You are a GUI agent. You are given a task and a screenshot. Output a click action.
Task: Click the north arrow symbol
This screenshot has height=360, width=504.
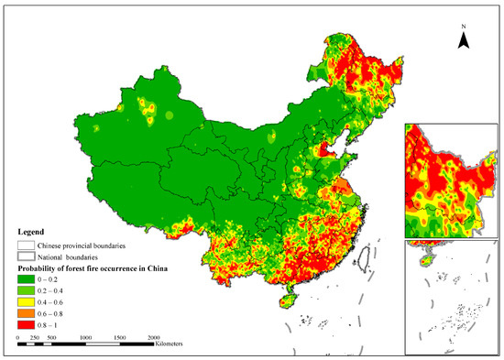coord(465,39)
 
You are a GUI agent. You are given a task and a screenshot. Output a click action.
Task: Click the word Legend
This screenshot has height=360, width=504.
coord(33,233)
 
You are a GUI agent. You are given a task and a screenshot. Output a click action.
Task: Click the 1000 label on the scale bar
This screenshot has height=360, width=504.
coord(85,337)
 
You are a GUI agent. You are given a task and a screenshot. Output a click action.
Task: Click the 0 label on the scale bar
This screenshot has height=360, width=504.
coord(19,337)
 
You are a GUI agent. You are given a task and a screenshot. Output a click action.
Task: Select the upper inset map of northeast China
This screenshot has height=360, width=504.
coord(452,180)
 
